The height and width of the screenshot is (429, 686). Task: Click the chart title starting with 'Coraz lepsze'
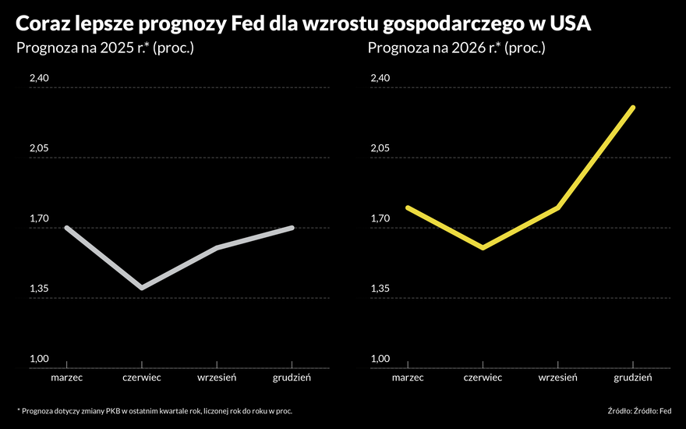coord(303,23)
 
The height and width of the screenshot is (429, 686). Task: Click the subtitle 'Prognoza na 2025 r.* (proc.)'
coord(104,49)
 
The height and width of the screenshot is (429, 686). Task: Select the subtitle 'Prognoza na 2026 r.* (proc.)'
coord(456,49)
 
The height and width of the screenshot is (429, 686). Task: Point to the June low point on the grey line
coord(141,288)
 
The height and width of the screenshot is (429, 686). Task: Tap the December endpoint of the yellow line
coord(633,108)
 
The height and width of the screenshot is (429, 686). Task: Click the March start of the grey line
coord(67,228)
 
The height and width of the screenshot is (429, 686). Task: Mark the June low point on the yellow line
coord(483,248)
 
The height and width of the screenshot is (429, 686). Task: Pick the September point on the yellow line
coord(558,207)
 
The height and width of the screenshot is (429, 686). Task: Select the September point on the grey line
coord(217,248)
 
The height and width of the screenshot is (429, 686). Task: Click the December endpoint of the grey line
coord(292,228)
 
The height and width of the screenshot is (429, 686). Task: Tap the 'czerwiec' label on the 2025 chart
coord(141,378)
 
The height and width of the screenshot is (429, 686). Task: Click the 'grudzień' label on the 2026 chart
coord(633,378)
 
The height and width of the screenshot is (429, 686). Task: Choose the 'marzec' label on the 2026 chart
coord(408,378)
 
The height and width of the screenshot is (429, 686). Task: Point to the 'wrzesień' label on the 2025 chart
coord(217,378)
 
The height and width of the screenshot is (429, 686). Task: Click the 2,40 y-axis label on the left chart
coord(39,79)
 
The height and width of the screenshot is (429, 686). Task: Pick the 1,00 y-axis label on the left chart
coord(39,359)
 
